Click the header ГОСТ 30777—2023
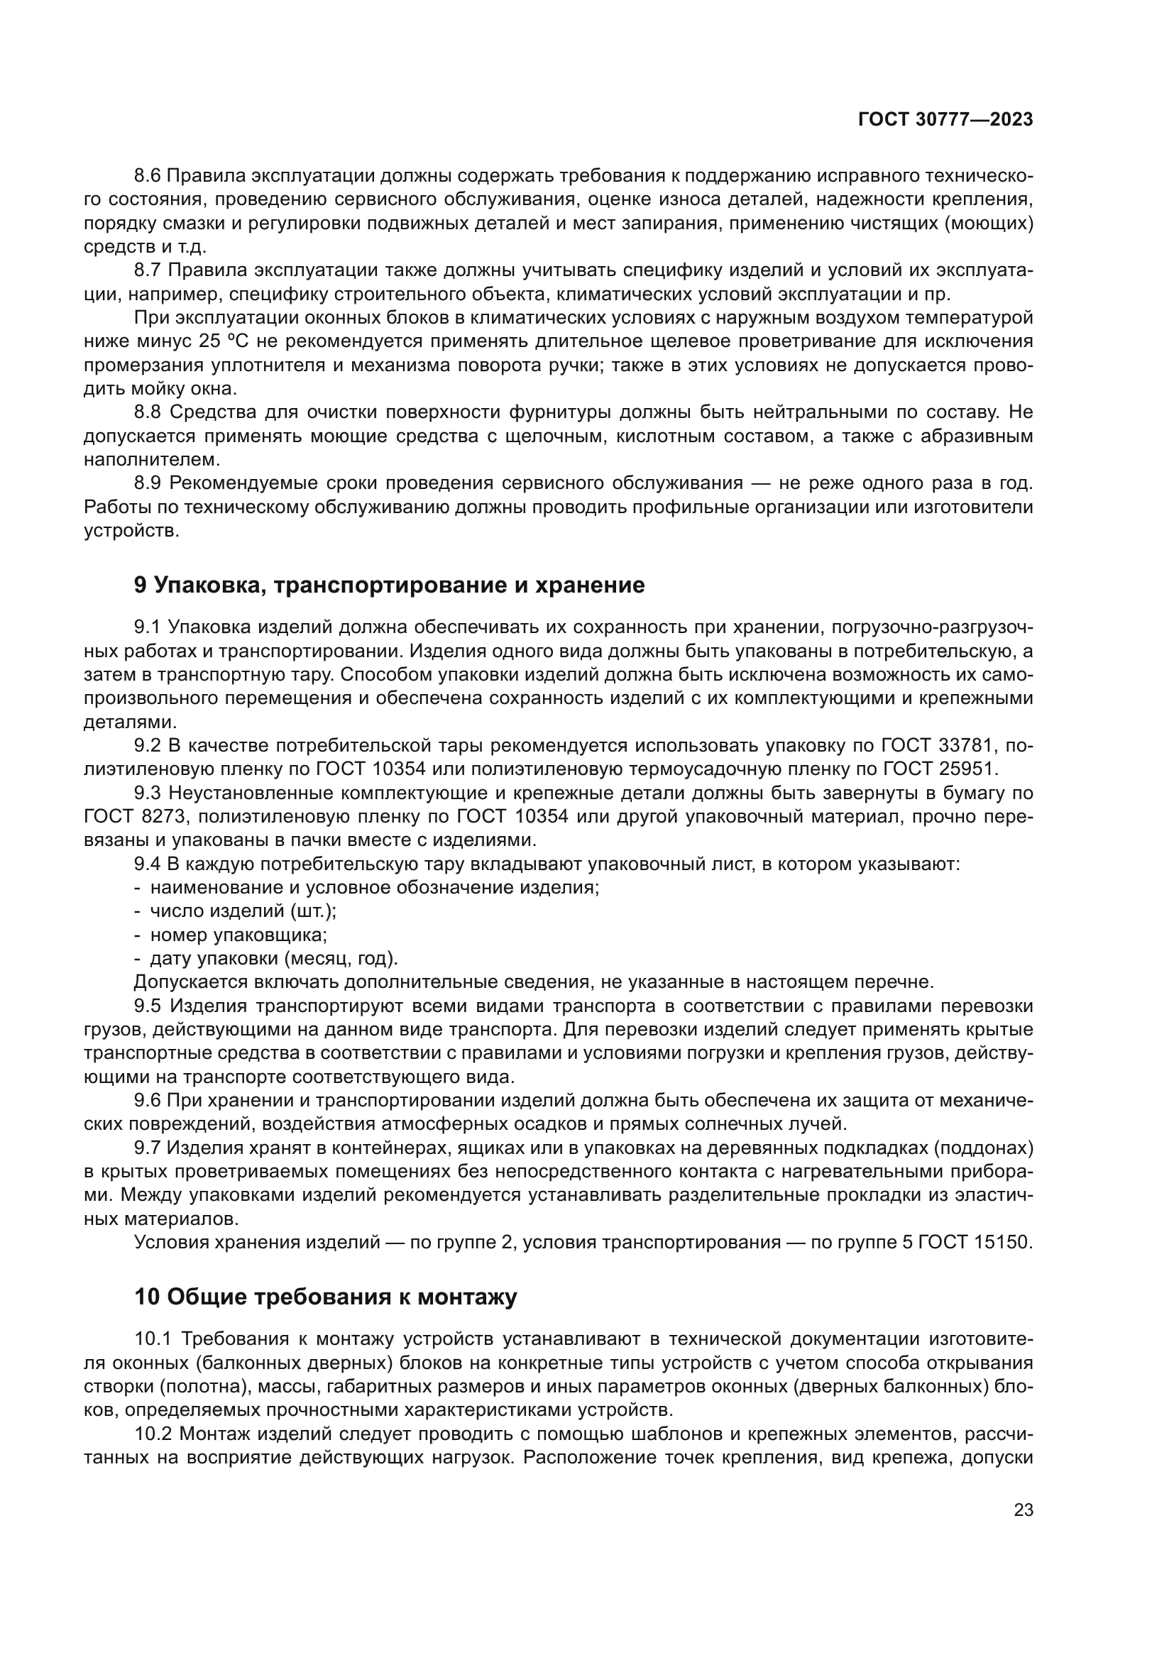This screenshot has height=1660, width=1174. pyautogui.click(x=945, y=120)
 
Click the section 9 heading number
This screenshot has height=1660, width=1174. pyautogui.click(x=141, y=585)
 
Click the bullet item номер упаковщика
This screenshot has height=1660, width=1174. pyautogui.click(x=238, y=935)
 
